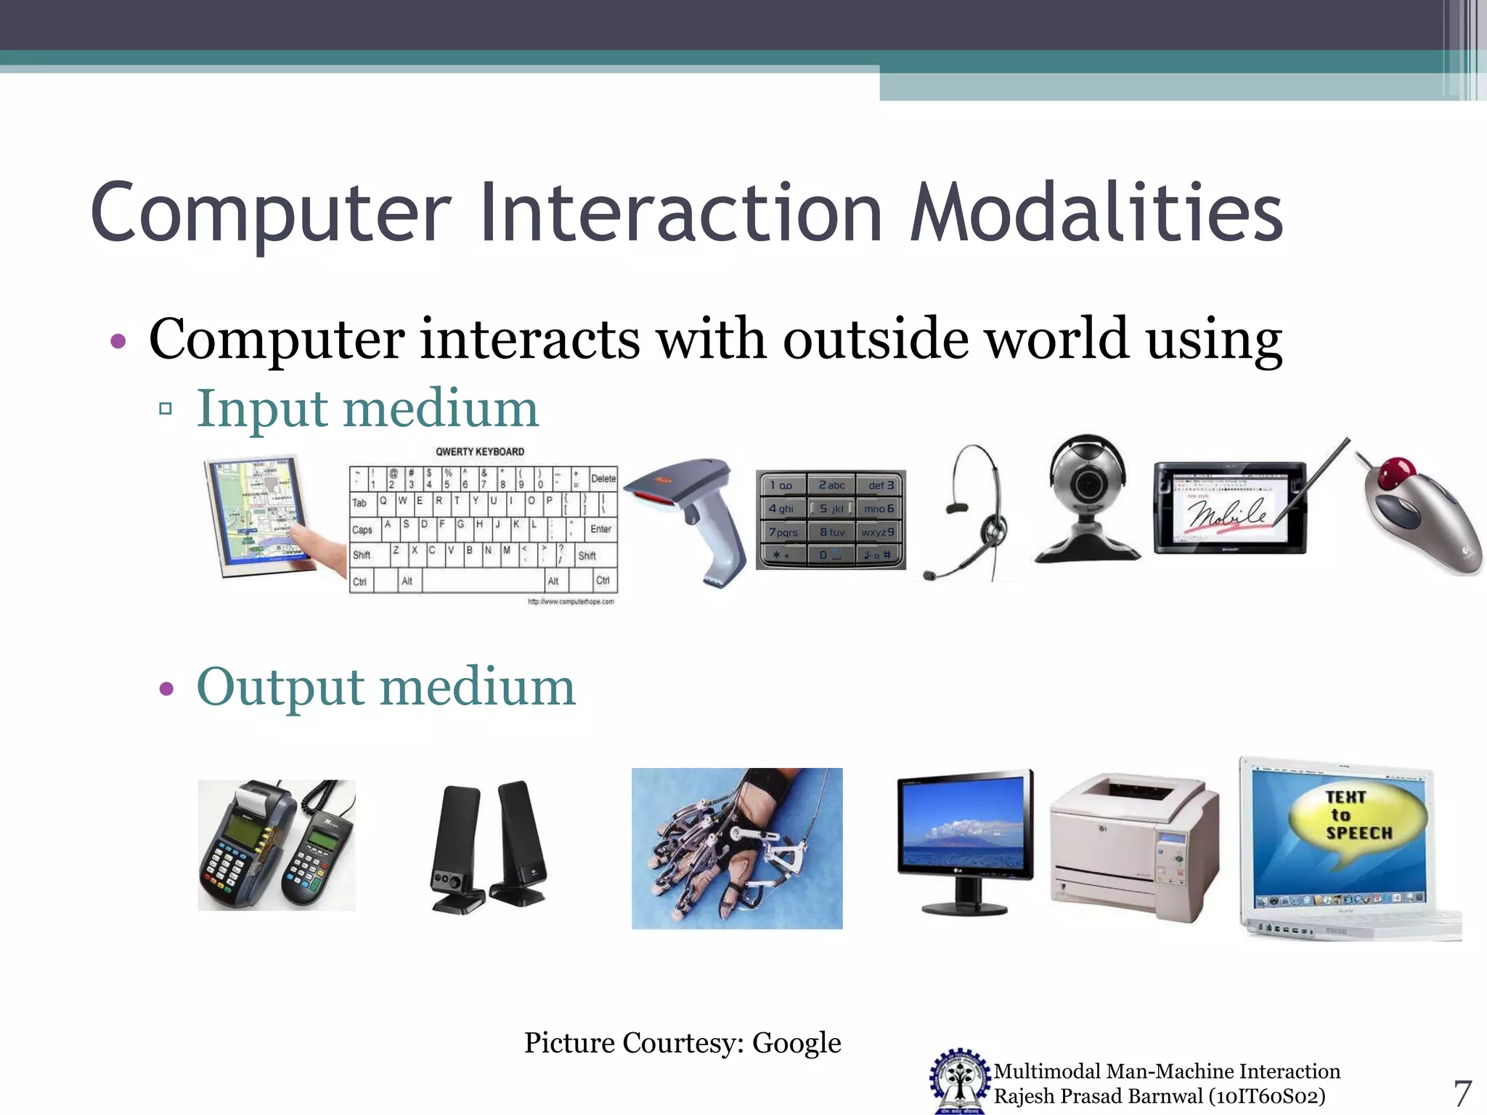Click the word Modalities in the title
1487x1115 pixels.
(x=1096, y=214)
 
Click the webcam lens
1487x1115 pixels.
(x=1087, y=485)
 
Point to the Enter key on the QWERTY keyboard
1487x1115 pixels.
(x=600, y=529)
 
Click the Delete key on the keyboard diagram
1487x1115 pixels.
(x=603, y=478)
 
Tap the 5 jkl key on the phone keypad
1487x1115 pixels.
(x=831, y=509)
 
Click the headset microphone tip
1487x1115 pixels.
(x=929, y=576)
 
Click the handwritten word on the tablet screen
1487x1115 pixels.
(x=1227, y=513)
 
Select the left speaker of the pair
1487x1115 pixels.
(x=456, y=846)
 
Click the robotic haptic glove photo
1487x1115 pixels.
(x=737, y=848)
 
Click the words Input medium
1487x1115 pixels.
(x=367, y=409)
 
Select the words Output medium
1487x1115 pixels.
(x=386, y=687)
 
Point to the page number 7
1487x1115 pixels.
(x=1462, y=1093)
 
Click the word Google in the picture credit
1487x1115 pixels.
(x=797, y=1043)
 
